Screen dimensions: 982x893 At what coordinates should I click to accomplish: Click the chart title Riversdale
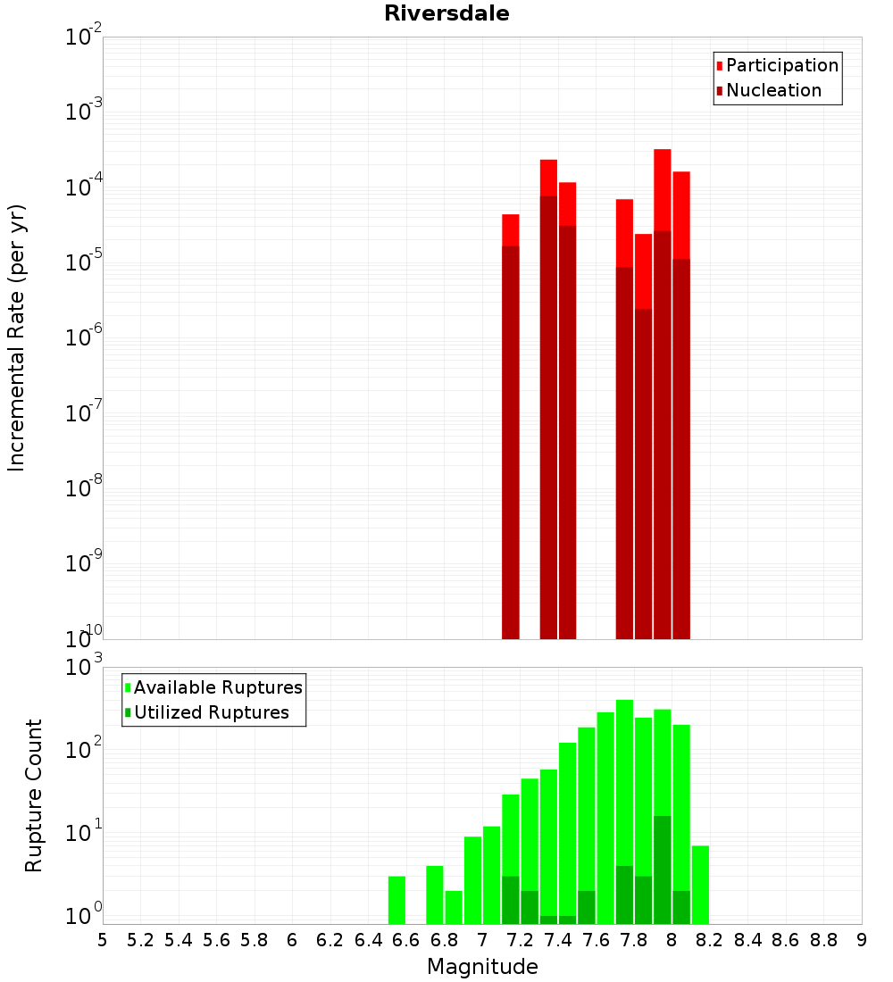(446, 13)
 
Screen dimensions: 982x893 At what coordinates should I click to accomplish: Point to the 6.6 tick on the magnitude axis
(406, 940)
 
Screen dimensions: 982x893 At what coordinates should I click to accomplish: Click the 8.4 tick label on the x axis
(747, 940)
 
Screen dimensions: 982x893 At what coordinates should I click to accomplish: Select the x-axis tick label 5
(103, 940)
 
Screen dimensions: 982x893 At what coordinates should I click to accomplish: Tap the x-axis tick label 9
(862, 940)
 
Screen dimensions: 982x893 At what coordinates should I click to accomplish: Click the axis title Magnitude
(482, 967)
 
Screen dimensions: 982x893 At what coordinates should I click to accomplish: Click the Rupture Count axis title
(34, 795)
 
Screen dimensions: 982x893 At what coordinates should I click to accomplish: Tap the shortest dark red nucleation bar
(643, 473)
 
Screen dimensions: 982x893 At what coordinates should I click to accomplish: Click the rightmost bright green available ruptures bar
(700, 884)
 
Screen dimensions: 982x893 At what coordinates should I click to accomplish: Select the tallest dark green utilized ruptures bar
(662, 870)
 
